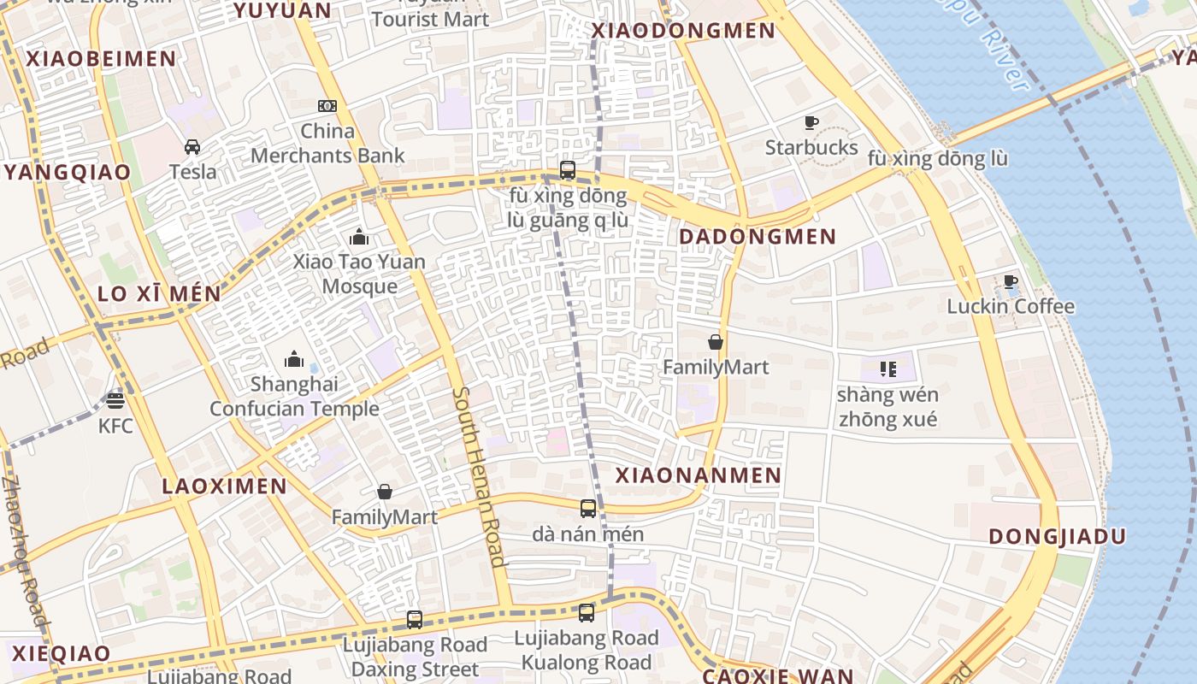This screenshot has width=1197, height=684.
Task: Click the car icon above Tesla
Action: [x=192, y=146]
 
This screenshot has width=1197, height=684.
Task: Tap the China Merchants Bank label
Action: [x=327, y=144]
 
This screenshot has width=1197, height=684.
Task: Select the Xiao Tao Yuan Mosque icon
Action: [x=359, y=236]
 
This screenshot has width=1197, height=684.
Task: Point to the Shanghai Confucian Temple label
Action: [x=294, y=397]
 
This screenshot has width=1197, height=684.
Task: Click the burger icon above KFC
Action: [x=115, y=399]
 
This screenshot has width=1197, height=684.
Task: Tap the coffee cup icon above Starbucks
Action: [x=811, y=123]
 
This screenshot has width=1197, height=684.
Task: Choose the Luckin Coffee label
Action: [x=1011, y=306]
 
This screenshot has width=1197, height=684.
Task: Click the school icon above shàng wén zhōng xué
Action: [x=887, y=369]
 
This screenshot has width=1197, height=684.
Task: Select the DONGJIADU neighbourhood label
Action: [x=1057, y=537]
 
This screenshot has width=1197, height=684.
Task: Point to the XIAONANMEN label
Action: [x=699, y=475]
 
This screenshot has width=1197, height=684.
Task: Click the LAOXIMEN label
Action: [x=225, y=486]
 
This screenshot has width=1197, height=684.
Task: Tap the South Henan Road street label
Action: [x=479, y=477]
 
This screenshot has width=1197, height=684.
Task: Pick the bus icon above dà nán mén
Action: [x=588, y=509]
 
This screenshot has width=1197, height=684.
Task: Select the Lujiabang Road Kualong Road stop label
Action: [x=587, y=650]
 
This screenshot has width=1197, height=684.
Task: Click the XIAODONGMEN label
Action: [x=684, y=31]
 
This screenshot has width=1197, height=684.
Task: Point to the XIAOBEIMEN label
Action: [x=101, y=59]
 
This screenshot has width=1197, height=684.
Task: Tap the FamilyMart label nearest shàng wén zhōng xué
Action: [x=716, y=368]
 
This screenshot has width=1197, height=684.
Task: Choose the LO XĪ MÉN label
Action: [x=159, y=294]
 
